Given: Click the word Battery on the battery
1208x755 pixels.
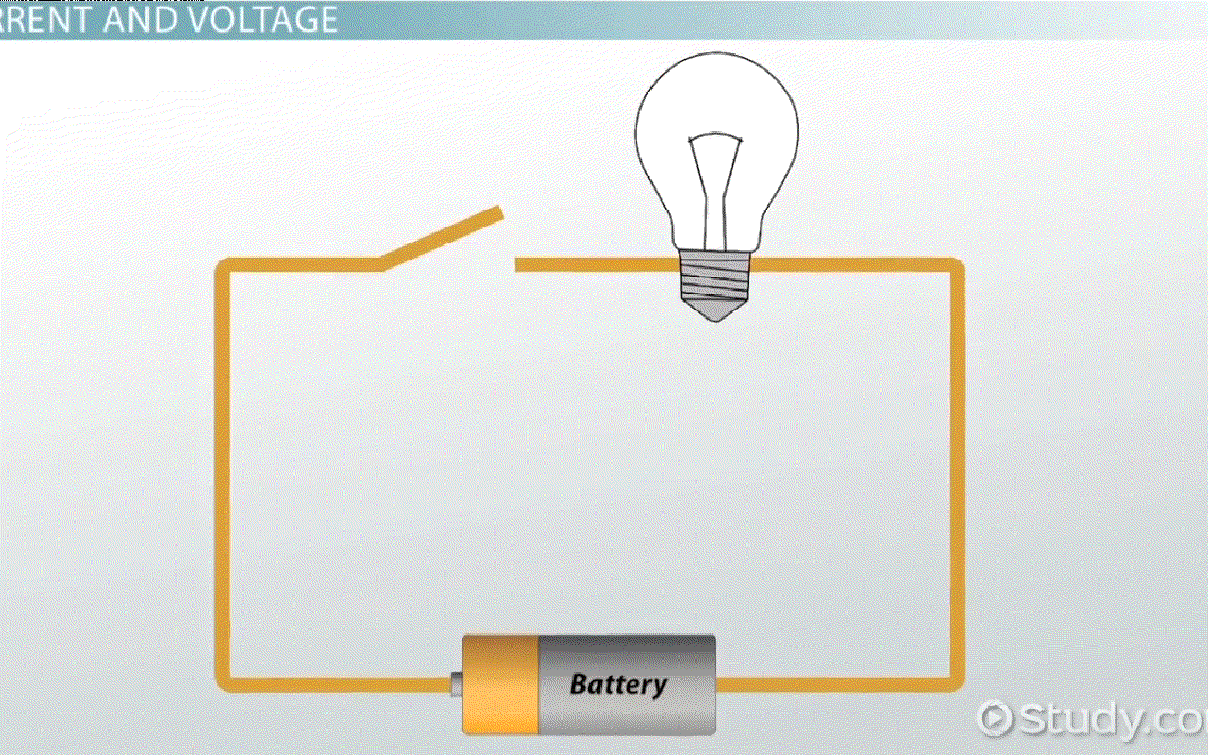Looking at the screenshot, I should click(618, 684).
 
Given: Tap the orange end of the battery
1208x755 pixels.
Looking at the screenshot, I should click(500, 684).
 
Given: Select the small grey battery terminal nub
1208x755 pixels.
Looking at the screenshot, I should click(457, 684).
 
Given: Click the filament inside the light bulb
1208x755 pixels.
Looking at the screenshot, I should click(714, 179).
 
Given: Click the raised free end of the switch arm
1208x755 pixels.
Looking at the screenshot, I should click(496, 215).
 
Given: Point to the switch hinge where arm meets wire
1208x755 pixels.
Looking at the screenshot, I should click(381, 265).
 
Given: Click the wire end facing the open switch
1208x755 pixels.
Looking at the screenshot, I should click(519, 265).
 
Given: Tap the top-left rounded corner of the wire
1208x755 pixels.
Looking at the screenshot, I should click(226, 269).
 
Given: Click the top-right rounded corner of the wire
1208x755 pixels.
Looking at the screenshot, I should click(954, 269).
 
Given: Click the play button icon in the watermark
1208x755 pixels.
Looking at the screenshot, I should click(995, 719).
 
